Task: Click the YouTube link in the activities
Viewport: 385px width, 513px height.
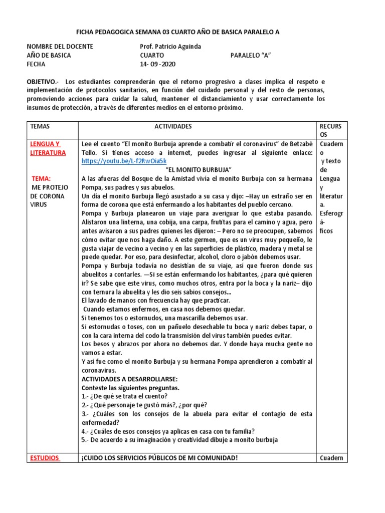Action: [x=123, y=161]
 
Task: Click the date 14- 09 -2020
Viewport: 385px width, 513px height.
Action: [x=157, y=64]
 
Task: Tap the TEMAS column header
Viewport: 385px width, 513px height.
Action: [x=40, y=127]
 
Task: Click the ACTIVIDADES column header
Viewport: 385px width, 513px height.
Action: [x=173, y=127]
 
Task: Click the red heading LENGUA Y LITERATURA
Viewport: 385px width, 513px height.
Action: [x=48, y=148]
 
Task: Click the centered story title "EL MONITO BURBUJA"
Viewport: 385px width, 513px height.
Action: [x=198, y=170]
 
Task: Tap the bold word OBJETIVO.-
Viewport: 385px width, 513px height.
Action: [x=43, y=81]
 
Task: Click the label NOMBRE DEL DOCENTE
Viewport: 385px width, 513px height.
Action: [x=60, y=47]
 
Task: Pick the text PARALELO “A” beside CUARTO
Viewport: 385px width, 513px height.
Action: [x=250, y=56]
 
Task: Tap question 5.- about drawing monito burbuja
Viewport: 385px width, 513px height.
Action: [x=179, y=440]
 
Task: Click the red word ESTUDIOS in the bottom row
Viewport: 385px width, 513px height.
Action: [x=45, y=457]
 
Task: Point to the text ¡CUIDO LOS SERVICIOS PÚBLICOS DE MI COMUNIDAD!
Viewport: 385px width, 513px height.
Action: [x=159, y=457]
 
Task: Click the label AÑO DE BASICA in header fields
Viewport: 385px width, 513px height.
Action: [x=49, y=56]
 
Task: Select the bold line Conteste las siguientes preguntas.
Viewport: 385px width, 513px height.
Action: [x=130, y=387]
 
